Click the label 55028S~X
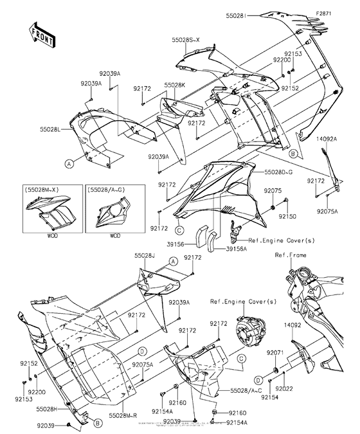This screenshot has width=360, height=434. coord(186,39)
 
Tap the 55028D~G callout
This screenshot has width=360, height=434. coord(278,173)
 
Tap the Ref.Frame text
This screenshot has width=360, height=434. coord(308,255)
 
